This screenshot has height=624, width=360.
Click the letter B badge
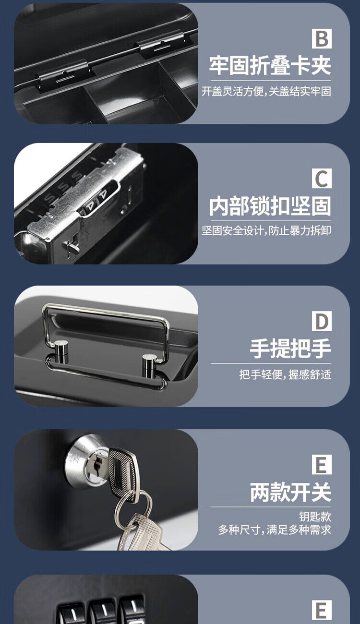click(322, 39)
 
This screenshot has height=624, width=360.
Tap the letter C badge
click(322, 178)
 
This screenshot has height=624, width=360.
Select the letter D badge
click(322, 321)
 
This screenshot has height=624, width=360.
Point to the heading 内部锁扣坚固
click(270, 206)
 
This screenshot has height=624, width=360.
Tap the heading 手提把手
click(290, 348)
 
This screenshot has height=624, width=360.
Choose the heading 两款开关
click(290, 492)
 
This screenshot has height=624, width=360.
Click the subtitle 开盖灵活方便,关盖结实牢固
click(266, 91)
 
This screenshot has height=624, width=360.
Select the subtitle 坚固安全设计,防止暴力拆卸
click(266, 231)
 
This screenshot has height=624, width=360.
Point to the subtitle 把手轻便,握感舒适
click(285, 374)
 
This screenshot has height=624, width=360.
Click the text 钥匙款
click(315, 517)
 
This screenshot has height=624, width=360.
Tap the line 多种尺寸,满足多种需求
click(275, 529)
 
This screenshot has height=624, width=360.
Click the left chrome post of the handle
click(61, 352)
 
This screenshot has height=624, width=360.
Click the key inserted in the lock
click(122, 474)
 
